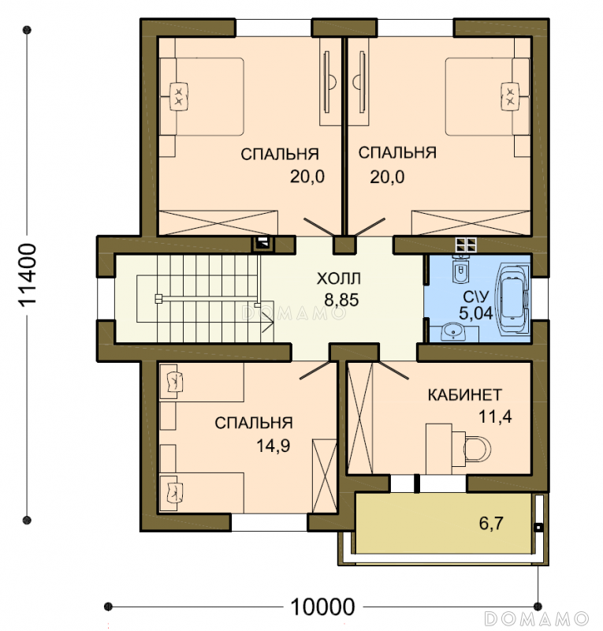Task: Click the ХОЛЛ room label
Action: (338, 278)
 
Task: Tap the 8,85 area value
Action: (341, 301)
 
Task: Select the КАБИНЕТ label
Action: (464, 395)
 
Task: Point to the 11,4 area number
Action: (495, 417)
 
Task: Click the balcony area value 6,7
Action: (491, 524)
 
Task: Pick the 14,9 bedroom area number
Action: (274, 446)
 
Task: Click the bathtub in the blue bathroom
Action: (514, 299)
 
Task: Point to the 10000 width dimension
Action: (322, 607)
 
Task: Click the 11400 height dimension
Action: (28, 274)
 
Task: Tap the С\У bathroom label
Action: (475, 297)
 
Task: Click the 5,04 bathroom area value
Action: (475, 313)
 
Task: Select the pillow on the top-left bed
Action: (179, 96)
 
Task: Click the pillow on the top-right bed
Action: (510, 95)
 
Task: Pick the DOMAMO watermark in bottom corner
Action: (537, 618)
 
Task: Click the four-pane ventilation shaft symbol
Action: (466, 245)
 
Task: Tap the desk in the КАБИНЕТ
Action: (439, 448)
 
